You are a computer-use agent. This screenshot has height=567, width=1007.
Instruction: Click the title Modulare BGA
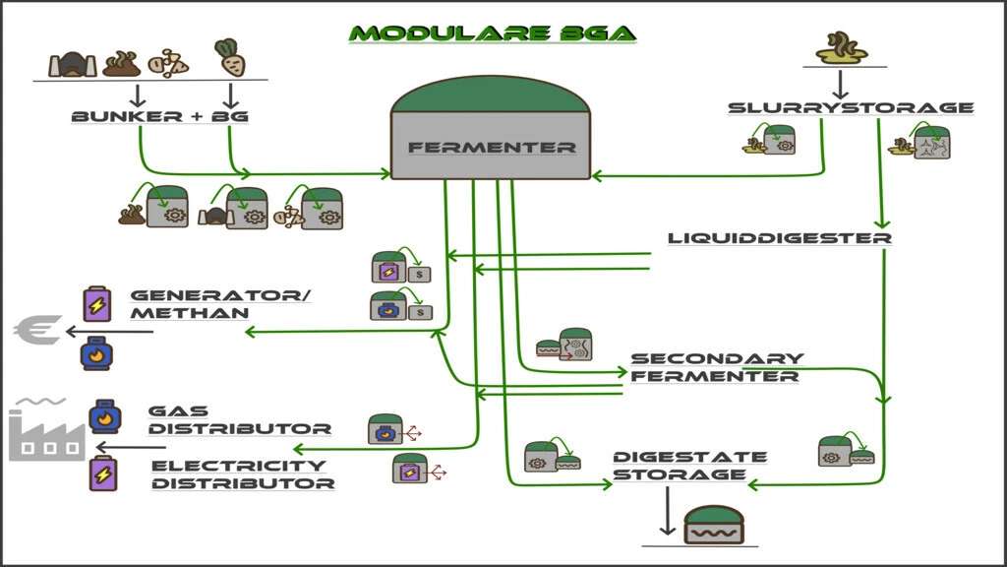(493, 33)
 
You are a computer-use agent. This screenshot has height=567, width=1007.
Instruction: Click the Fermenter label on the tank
(492, 148)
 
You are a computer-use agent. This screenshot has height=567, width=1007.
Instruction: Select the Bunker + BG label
(159, 116)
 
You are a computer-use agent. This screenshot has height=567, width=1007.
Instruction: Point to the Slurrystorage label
(851, 107)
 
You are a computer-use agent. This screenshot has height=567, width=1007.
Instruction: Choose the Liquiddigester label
(779, 238)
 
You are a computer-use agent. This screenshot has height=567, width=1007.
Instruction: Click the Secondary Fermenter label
(716, 366)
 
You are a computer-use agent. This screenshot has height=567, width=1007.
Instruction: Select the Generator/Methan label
(189, 303)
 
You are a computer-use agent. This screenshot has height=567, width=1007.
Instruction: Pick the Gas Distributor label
(239, 419)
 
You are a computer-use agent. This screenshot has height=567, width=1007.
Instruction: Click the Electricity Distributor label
(242, 473)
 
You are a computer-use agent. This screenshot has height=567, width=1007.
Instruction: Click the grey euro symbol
(37, 330)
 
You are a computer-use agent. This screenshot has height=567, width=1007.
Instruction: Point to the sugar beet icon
(229, 60)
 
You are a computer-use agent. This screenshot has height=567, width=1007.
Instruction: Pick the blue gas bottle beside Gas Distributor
(104, 416)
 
